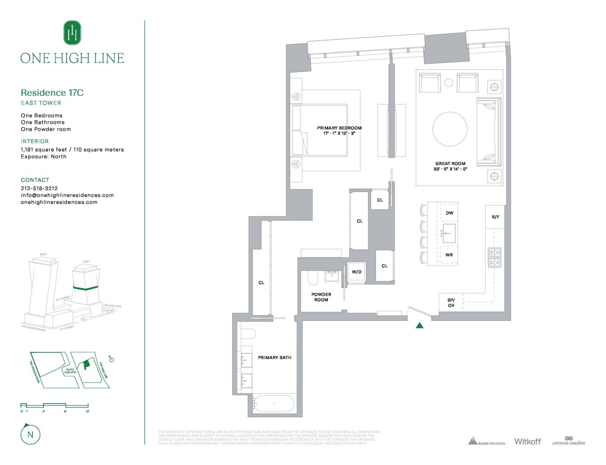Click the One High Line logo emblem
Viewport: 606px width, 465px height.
(x=72, y=33)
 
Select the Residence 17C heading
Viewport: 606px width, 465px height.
(x=52, y=93)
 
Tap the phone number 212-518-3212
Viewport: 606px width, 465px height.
(x=39, y=188)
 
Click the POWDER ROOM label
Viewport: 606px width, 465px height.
(x=321, y=297)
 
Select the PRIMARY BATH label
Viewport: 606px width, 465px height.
(x=274, y=358)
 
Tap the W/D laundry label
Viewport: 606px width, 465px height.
(x=356, y=272)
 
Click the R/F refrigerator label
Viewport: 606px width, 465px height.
(x=495, y=217)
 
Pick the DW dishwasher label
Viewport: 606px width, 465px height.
(x=449, y=213)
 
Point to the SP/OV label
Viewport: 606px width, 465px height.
(x=451, y=303)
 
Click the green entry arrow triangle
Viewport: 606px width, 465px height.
(x=420, y=325)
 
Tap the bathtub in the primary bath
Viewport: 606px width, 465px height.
(x=274, y=404)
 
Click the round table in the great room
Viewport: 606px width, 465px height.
(x=450, y=129)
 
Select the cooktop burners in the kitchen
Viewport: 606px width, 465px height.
(x=494, y=258)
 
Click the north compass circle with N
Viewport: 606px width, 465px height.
(x=30, y=435)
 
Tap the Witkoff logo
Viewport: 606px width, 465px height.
(x=527, y=441)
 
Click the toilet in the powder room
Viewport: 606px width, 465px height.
(x=313, y=278)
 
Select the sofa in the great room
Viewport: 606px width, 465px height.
(x=488, y=132)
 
